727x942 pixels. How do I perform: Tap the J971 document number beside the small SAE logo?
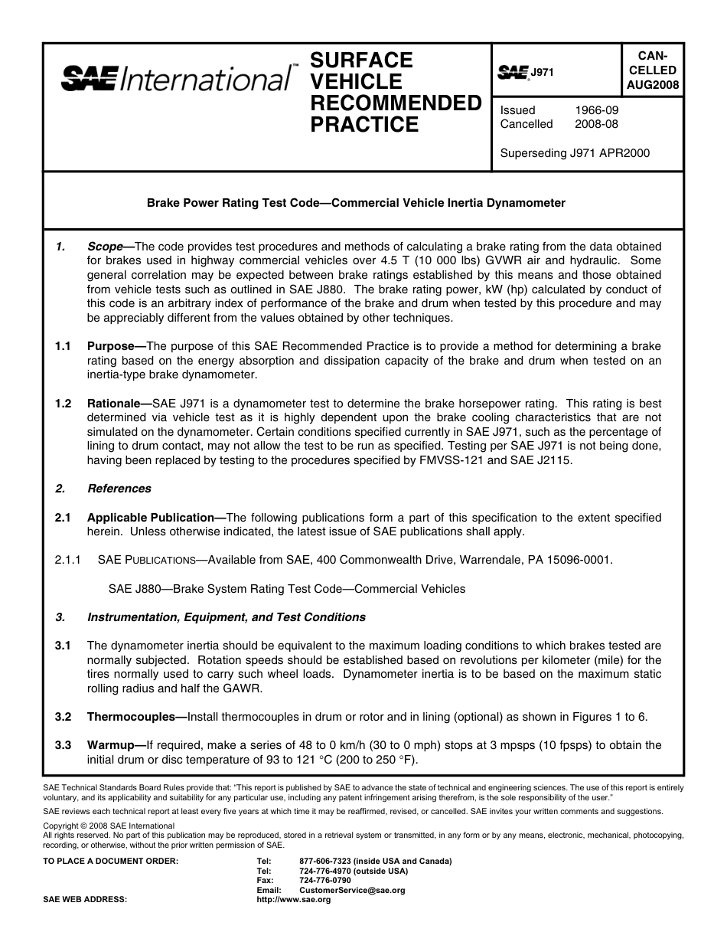pos(542,72)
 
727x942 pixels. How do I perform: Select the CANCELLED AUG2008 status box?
pos(651,70)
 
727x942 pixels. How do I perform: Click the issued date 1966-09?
pos(596,110)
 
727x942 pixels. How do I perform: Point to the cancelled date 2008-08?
pos(596,124)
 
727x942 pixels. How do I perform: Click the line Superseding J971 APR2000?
pos(574,153)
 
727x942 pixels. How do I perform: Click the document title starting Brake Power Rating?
pos(356,203)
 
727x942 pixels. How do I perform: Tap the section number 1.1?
pos(63,346)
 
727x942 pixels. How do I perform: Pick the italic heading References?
pos(119,489)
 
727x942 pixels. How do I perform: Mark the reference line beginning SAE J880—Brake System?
pos(286,589)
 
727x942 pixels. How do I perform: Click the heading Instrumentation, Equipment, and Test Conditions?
pos(227,617)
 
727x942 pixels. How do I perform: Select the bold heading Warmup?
pos(112,745)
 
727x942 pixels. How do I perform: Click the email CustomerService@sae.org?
pos(352,891)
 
